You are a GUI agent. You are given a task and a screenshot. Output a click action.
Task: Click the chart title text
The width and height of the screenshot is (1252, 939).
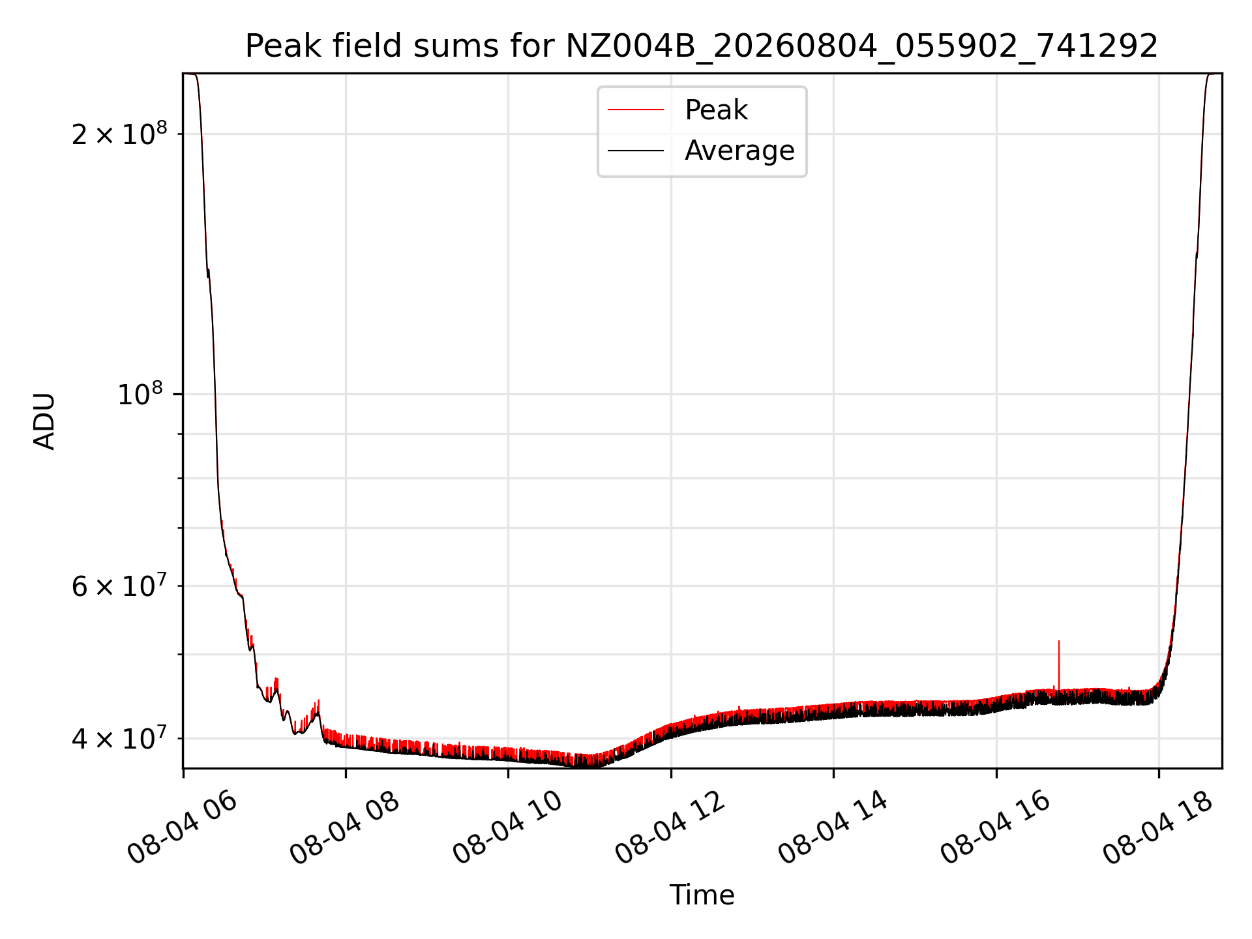click(x=702, y=46)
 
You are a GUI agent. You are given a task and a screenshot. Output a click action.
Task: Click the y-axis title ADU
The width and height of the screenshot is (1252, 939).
click(x=44, y=421)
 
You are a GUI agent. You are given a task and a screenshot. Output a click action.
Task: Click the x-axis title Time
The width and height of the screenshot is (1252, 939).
click(x=702, y=895)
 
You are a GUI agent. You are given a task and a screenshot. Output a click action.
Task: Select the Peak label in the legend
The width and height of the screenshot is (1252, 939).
click(x=716, y=110)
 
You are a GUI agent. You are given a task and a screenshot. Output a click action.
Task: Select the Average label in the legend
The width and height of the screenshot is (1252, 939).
click(x=739, y=151)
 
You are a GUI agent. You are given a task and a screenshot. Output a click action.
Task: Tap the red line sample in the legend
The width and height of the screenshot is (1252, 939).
click(x=636, y=110)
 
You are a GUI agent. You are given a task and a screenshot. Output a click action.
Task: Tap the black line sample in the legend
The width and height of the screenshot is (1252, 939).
click(x=636, y=151)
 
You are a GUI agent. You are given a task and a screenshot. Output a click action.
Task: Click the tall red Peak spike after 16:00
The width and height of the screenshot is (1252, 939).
click(x=1059, y=665)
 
